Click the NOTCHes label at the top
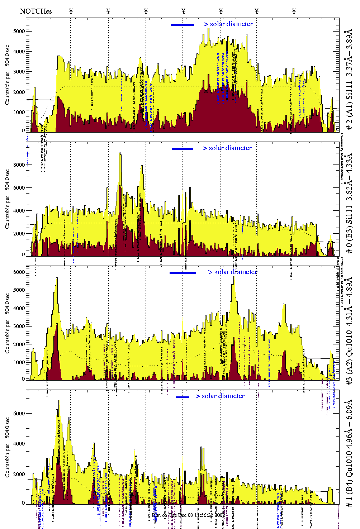(x=36, y=11)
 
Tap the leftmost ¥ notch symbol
(x=71, y=11)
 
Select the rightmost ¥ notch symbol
(x=294, y=11)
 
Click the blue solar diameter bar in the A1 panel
(x=183, y=25)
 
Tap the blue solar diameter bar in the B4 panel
(x=183, y=397)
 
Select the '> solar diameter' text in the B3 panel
(x=227, y=148)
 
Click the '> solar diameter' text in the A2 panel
(x=232, y=272)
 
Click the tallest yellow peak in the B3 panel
(x=120, y=153)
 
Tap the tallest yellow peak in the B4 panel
(x=59, y=401)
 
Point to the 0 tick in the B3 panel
(x=23, y=255)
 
